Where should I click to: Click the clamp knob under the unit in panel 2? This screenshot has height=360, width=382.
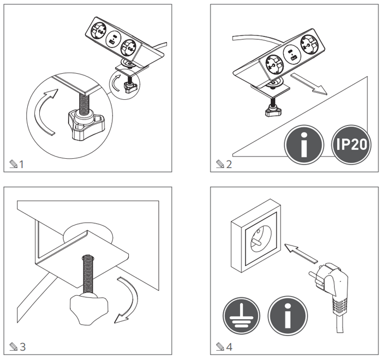point(271,111)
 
